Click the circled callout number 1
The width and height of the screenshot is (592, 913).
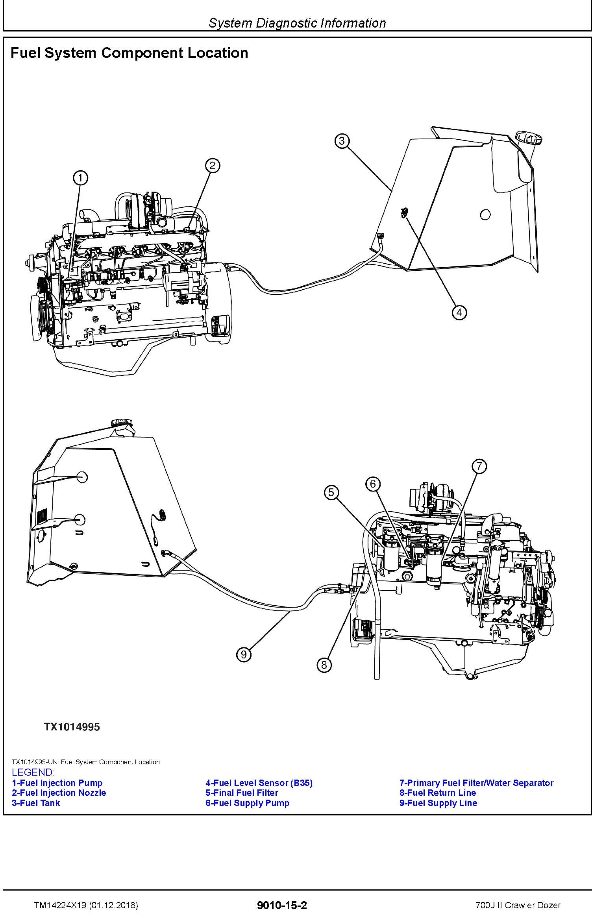[x=81, y=178]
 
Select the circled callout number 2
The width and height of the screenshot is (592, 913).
[x=213, y=165]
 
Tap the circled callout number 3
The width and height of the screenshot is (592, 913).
[x=342, y=140]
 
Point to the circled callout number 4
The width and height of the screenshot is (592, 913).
[x=459, y=312]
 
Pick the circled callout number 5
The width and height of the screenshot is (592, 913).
[x=331, y=492]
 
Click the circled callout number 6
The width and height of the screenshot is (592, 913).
[x=373, y=484]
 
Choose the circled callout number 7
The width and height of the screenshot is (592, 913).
[x=479, y=466]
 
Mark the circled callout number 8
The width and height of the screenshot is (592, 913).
[x=324, y=665]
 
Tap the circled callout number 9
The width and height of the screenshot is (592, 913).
[x=244, y=654]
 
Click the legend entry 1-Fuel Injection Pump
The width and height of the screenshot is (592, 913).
[x=57, y=783]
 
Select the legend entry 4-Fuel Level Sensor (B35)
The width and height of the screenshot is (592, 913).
[x=259, y=783]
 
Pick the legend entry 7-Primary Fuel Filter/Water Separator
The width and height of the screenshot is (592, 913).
[x=476, y=783]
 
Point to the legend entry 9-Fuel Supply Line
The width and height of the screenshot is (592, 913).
[x=438, y=803]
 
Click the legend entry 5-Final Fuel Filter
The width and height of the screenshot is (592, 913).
[x=242, y=793]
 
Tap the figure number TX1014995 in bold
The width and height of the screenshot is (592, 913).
[x=72, y=727]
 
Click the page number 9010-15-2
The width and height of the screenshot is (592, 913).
[x=281, y=894]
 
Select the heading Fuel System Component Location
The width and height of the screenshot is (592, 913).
[x=129, y=53]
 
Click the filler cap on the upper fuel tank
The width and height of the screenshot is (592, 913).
[x=529, y=139]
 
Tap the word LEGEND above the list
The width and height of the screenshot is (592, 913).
[x=33, y=772]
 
